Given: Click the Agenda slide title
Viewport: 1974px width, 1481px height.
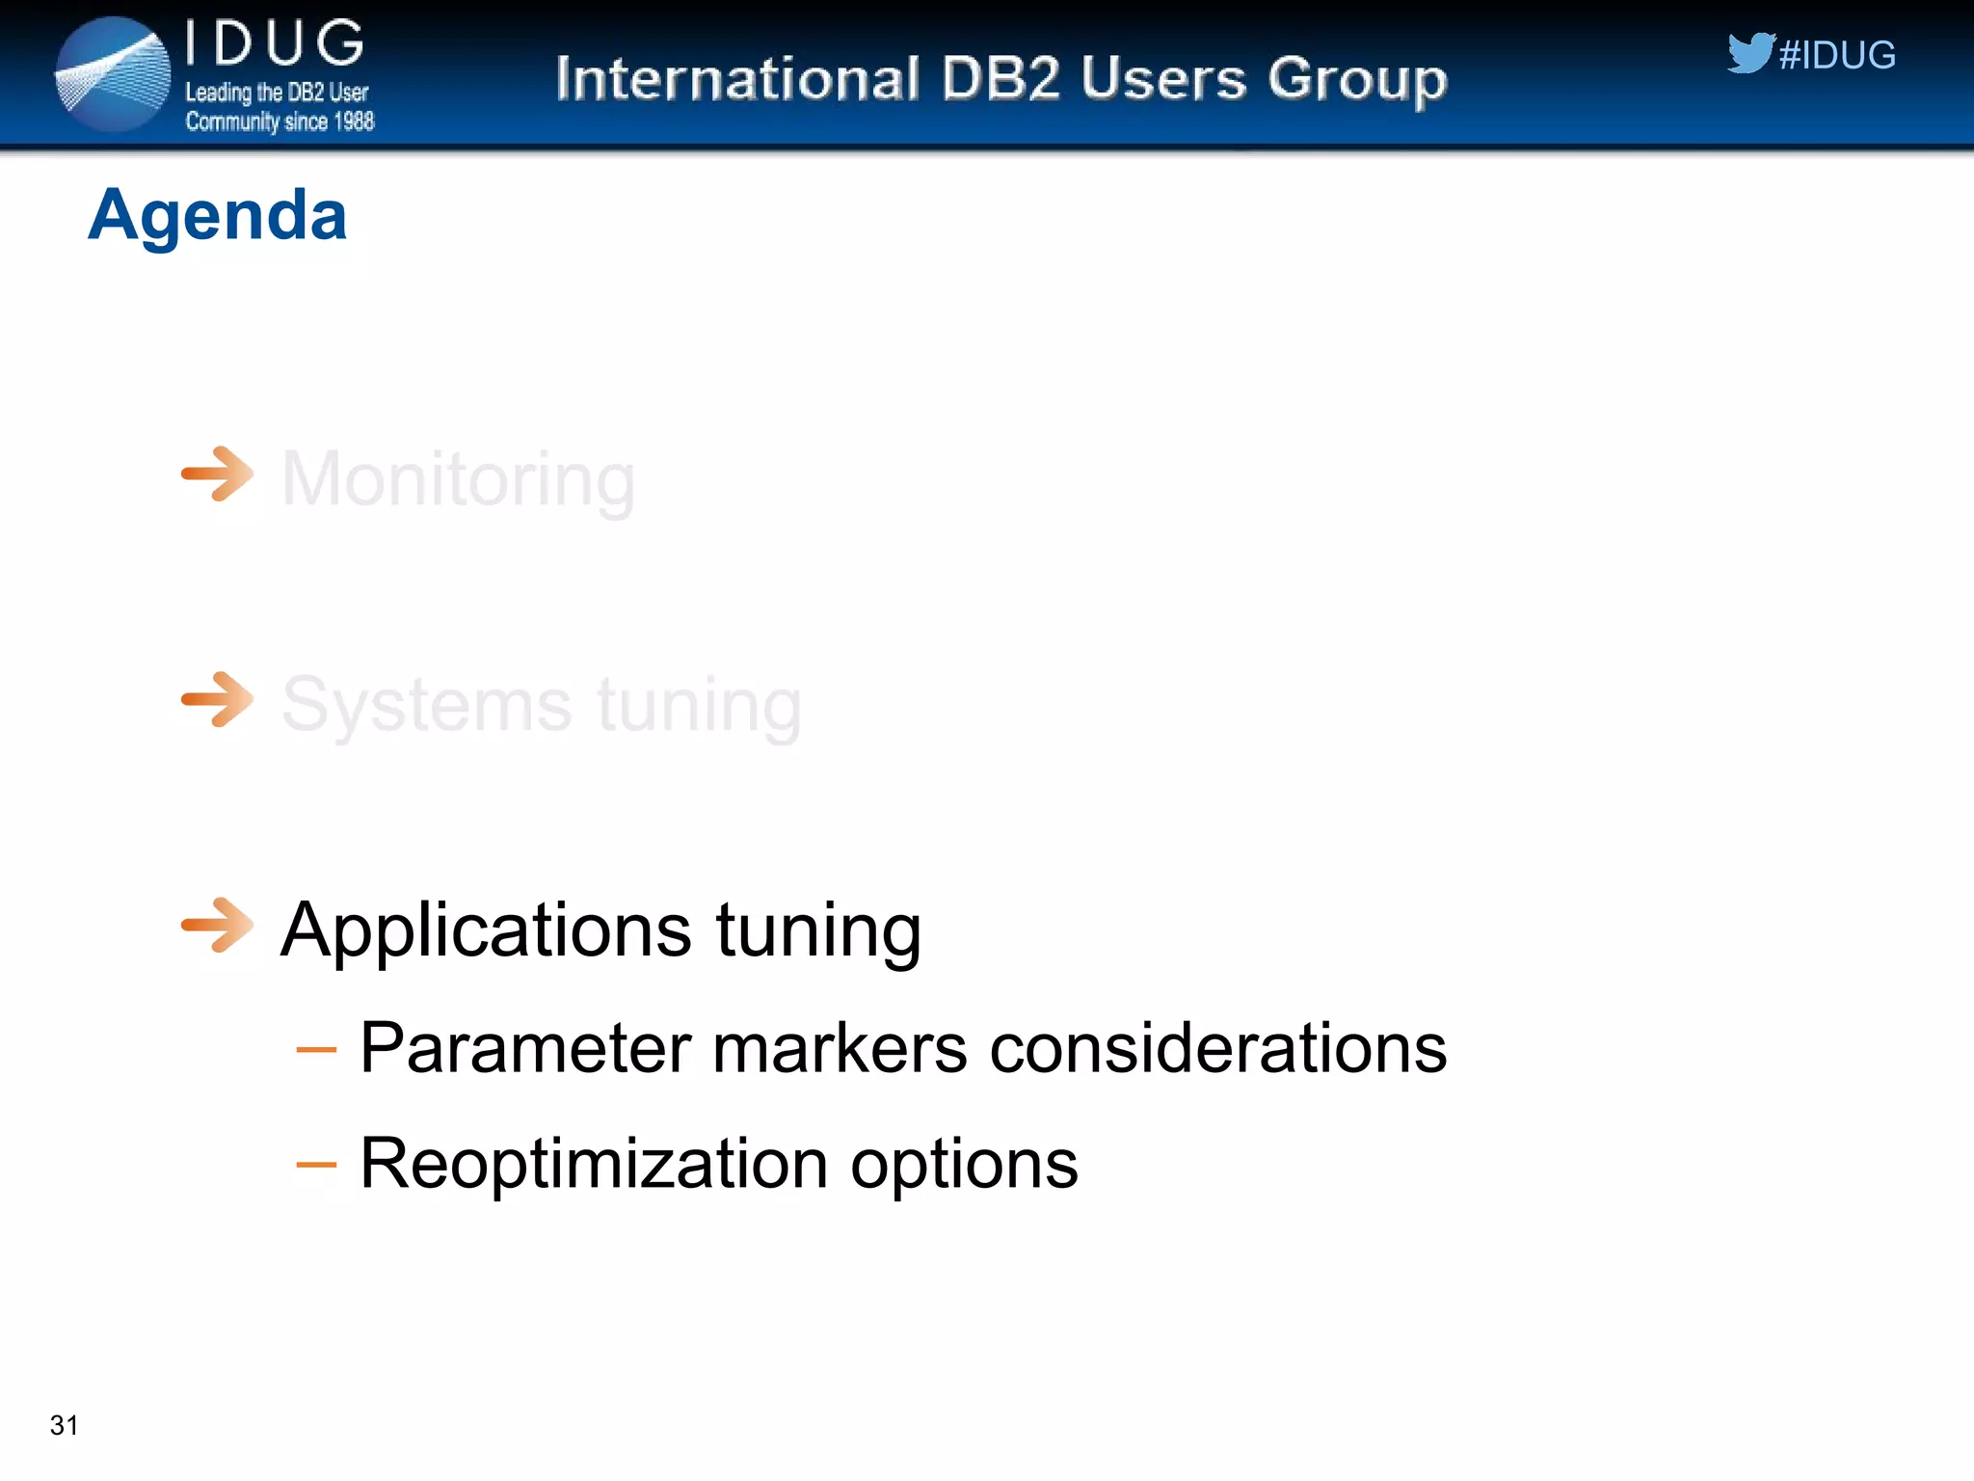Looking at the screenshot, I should [x=217, y=214].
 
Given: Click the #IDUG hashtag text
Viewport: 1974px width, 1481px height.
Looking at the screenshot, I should [x=1837, y=55].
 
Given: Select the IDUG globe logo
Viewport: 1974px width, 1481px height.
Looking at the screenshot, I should [x=113, y=74].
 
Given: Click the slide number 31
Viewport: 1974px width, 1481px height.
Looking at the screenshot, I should [x=64, y=1424].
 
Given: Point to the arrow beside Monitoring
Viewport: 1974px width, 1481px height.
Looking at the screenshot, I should [x=218, y=473].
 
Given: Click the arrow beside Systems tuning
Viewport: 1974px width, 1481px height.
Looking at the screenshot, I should [x=218, y=699].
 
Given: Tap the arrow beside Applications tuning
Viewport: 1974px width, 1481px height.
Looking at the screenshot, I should [x=218, y=925].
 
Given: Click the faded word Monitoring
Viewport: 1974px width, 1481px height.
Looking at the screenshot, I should [x=458, y=479].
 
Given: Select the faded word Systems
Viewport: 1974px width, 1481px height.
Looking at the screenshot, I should [x=427, y=706].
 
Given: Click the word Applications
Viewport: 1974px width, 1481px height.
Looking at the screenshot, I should [x=486, y=931].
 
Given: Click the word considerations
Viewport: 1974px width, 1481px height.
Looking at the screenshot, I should [x=1217, y=1048].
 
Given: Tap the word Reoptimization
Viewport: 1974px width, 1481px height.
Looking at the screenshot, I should [x=593, y=1164].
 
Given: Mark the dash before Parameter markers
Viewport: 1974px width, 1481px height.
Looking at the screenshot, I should [x=316, y=1049].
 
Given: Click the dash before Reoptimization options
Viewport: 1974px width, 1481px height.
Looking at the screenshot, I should [x=316, y=1165].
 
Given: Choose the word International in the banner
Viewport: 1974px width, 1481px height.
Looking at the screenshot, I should [x=737, y=78].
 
